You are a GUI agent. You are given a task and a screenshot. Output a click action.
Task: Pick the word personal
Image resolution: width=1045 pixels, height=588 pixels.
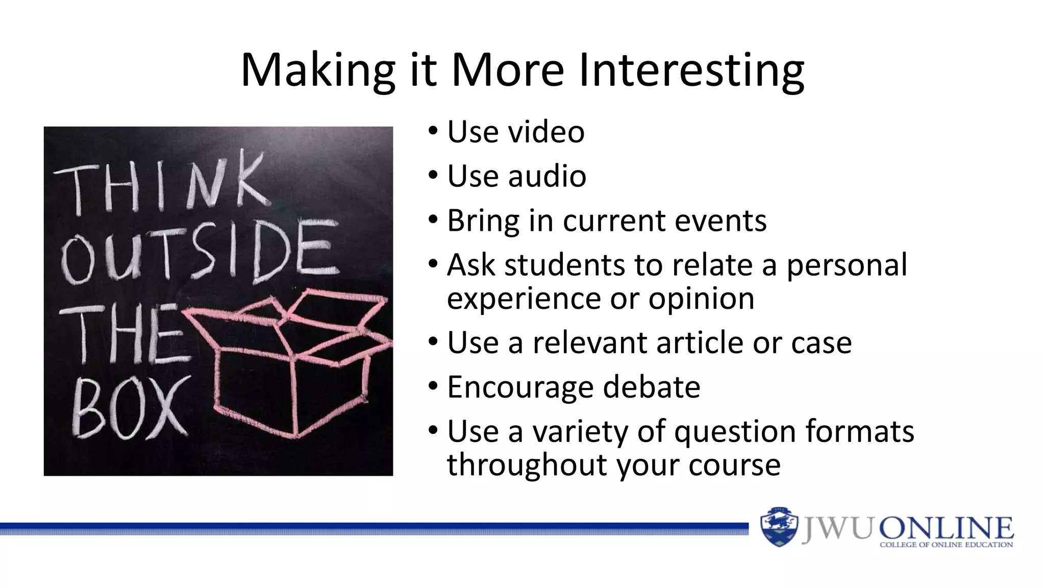[x=847, y=265]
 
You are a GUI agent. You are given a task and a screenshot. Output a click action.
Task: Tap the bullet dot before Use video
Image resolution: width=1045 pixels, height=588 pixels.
[x=433, y=130]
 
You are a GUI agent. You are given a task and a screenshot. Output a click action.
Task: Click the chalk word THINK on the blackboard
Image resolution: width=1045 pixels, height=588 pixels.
[x=162, y=185]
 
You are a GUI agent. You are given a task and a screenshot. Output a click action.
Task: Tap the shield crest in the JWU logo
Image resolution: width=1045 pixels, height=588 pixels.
[x=779, y=527]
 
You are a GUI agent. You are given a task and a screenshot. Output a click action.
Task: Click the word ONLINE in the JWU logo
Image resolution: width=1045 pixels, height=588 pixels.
[x=946, y=527]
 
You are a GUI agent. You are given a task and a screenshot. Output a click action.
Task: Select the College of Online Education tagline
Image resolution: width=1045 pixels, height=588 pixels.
[x=946, y=545]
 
